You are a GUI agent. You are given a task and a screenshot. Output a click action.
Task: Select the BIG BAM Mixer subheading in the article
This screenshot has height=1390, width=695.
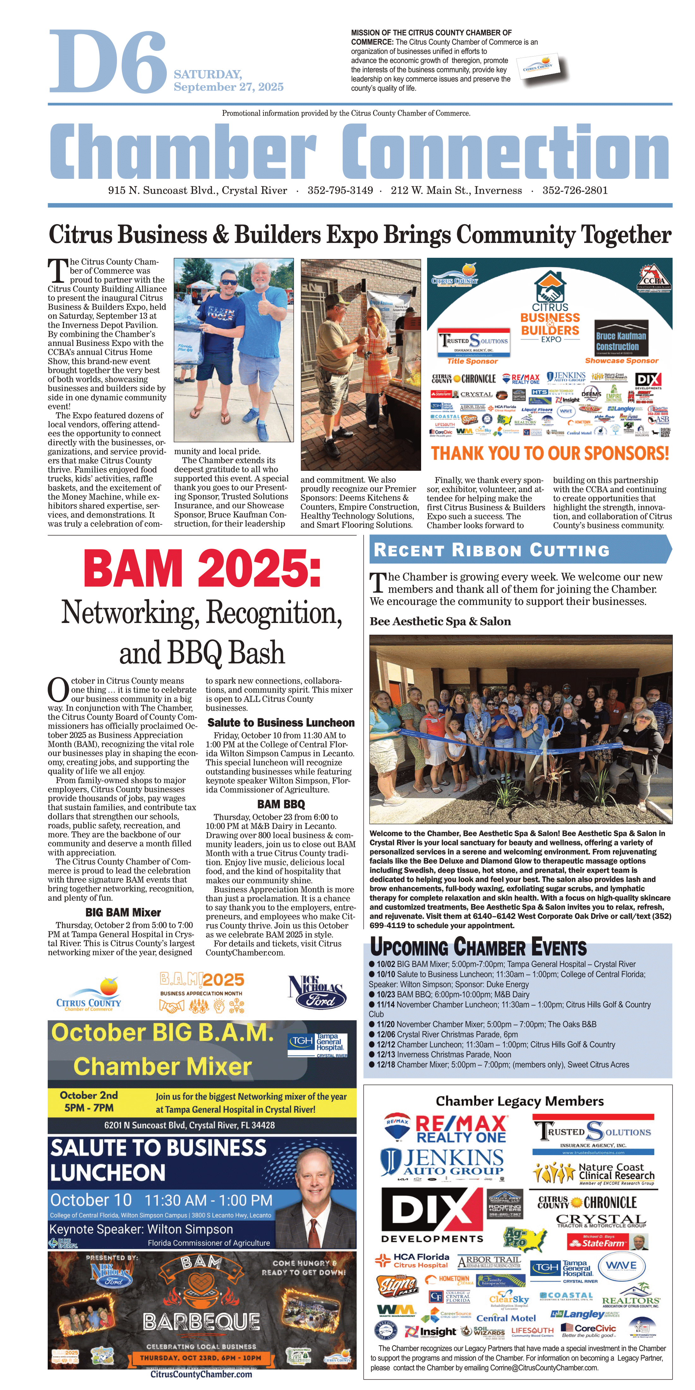pos(123,912)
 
